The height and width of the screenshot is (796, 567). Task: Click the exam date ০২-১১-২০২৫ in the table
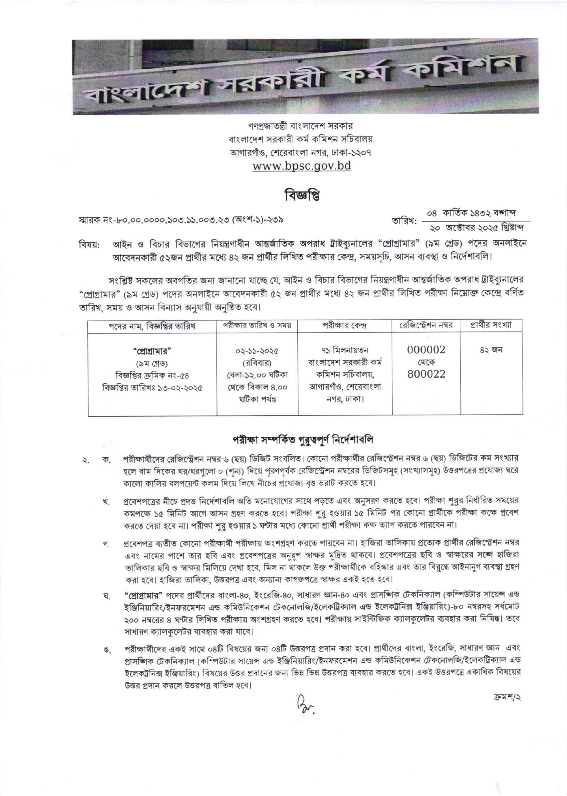(257, 351)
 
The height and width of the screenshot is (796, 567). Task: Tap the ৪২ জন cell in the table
(491, 350)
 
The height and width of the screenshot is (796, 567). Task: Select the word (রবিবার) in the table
(257, 363)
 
